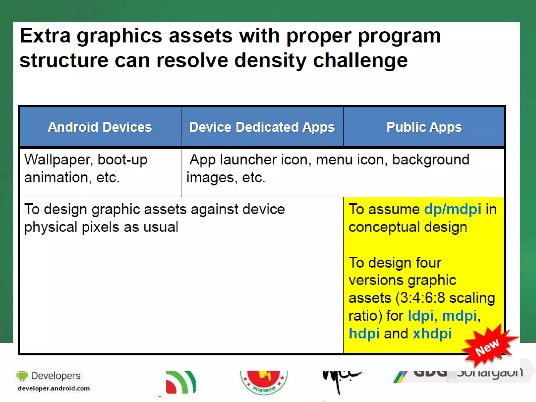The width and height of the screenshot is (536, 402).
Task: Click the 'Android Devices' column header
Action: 100,127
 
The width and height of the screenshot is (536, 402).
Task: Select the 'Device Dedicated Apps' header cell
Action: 262,127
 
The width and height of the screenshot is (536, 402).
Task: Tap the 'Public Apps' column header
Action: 424,127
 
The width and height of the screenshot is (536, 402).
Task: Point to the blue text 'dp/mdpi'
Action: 453,209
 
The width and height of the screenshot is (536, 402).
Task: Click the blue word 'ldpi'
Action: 420,316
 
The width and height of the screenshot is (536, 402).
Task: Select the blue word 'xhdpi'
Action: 432,333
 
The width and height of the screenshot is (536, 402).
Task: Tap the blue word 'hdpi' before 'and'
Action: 364,333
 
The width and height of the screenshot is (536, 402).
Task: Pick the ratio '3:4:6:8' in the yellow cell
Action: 423,298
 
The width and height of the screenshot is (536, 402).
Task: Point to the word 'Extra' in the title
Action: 45,36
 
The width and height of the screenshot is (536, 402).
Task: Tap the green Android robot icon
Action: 22,376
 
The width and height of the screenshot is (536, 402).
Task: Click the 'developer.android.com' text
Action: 54,388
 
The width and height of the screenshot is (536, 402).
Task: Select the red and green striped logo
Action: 181,382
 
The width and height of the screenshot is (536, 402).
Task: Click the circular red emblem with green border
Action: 264,382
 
